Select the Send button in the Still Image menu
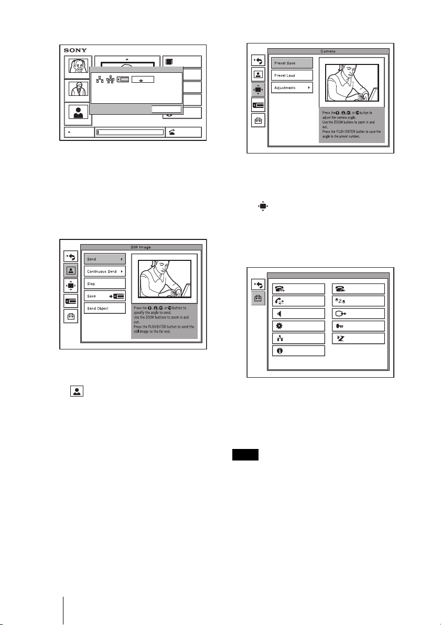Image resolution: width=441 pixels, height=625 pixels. tap(105, 259)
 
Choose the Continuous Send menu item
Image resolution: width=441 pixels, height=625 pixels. tap(105, 271)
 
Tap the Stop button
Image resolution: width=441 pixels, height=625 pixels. tap(105, 283)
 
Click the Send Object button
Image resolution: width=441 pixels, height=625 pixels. tap(105, 308)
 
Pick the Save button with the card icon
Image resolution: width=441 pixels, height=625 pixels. tap(105, 296)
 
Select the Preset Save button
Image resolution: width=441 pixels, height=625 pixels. tap(292, 62)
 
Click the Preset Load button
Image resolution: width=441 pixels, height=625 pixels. tap(292, 75)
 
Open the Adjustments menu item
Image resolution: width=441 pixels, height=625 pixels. tap(292, 87)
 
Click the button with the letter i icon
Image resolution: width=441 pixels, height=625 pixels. tap(298, 350)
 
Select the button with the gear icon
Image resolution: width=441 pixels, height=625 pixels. tap(298, 325)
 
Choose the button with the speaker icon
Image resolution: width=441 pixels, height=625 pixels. tap(298, 313)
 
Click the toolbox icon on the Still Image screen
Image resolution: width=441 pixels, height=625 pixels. tap(71, 316)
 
